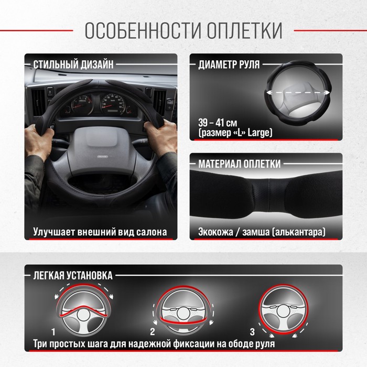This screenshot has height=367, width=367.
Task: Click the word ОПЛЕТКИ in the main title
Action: pos(245,30)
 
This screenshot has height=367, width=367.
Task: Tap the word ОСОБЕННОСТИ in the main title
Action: pos(143,30)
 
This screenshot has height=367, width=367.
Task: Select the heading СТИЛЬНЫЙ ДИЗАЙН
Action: pos(73,64)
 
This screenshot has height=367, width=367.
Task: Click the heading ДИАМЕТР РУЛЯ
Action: pos(229,64)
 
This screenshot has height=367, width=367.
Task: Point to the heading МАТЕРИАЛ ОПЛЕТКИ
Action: pos(239,164)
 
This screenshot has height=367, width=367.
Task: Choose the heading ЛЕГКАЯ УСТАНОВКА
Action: pos(73,275)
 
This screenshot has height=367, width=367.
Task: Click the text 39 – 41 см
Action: pos(218,123)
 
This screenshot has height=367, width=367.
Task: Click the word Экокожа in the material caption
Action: pos(215,232)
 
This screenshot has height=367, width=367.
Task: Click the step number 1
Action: pos(53,332)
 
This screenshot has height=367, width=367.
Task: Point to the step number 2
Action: pos(153,332)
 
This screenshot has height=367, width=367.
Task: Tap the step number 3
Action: pos(252,332)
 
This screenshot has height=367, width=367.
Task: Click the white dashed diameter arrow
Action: pos(298,93)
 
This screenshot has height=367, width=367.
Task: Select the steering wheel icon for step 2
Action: pos(183,310)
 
